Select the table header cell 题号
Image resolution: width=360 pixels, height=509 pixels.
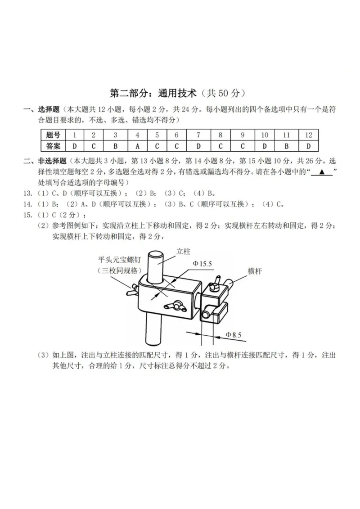point(53,135)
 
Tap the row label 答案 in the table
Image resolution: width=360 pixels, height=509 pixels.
point(53,145)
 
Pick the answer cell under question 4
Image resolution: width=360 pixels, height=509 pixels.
point(137,145)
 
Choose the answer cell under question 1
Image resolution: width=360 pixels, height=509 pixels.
point(74,145)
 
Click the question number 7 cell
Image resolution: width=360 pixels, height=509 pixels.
point(198,135)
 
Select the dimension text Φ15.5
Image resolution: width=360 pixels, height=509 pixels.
point(202,263)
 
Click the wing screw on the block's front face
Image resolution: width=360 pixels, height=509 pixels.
point(172,306)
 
